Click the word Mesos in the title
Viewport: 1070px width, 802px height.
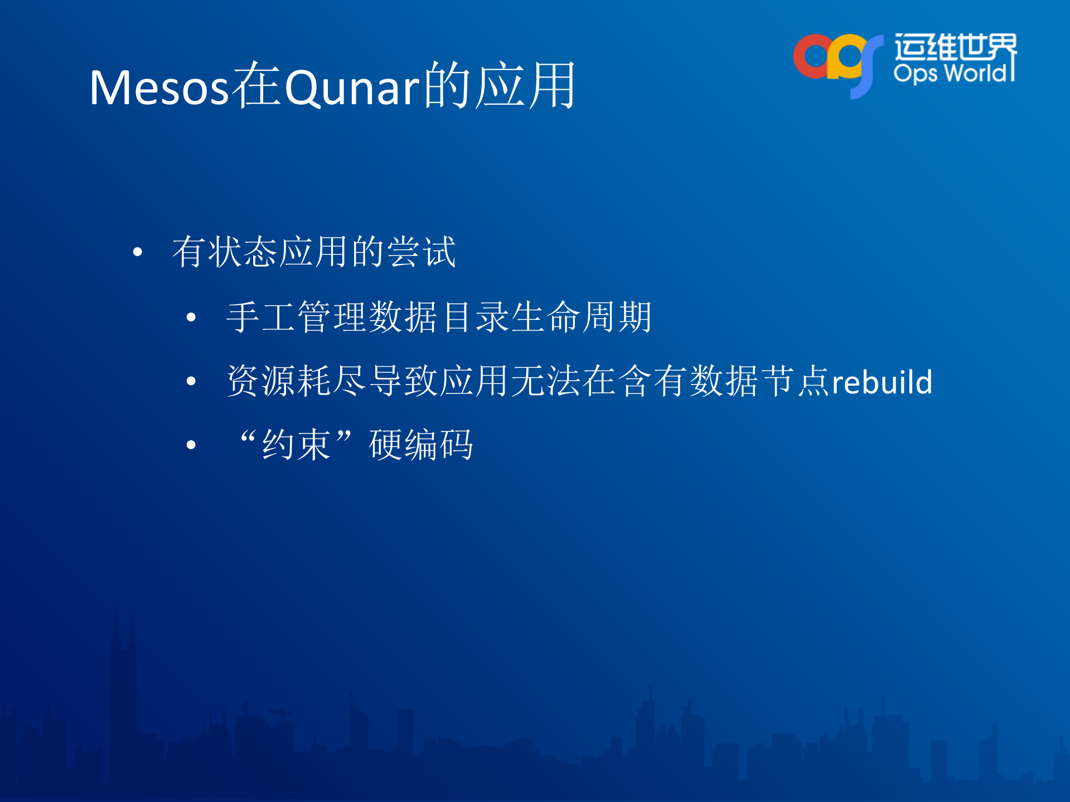point(159,87)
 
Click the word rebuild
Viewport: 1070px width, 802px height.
point(882,382)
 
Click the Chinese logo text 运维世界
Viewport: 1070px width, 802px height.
point(955,47)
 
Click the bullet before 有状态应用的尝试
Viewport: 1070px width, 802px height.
point(138,252)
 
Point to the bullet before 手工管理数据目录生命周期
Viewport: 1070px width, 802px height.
point(191,318)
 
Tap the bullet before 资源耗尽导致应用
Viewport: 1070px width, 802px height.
point(191,381)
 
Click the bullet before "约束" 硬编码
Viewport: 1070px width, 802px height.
point(191,445)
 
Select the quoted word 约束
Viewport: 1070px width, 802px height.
point(296,445)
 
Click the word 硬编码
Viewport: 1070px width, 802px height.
point(421,445)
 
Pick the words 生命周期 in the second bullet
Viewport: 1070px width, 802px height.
point(581,317)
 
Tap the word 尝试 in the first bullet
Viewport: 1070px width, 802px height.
point(422,252)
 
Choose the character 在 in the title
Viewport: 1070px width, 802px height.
point(256,85)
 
